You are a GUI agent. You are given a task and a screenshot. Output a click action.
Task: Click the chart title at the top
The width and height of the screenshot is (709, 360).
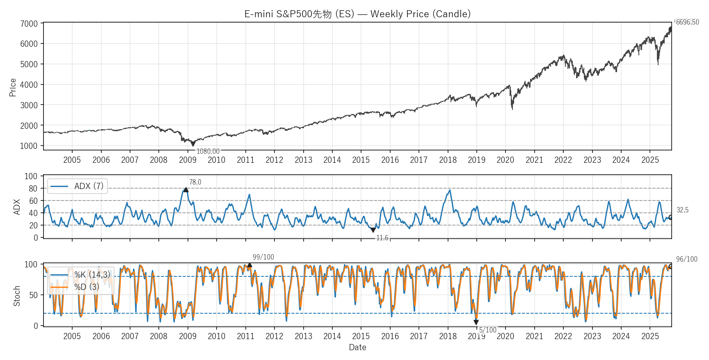tap(357, 14)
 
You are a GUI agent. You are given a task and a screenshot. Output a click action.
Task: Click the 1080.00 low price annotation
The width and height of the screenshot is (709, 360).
tap(208, 151)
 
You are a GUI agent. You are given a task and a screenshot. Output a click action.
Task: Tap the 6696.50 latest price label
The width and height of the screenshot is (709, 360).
tap(687, 22)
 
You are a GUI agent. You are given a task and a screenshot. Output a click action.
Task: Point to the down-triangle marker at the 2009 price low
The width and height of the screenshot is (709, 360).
tap(193, 144)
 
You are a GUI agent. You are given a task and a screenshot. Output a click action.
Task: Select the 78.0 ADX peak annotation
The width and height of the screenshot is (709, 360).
tap(195, 182)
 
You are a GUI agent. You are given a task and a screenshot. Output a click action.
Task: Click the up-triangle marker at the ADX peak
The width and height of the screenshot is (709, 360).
tap(186, 189)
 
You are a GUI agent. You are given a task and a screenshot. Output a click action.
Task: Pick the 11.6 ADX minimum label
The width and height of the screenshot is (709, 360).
tap(382, 238)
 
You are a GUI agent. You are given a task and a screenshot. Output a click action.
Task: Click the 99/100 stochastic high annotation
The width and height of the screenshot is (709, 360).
tap(263, 257)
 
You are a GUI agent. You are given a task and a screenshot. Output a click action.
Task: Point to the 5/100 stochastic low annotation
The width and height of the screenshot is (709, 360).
tap(488, 330)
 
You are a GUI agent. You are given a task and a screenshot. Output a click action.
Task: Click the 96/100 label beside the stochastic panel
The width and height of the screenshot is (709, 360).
tap(686, 259)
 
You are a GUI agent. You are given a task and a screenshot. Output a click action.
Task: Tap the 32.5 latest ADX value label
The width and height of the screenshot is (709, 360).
tap(682, 210)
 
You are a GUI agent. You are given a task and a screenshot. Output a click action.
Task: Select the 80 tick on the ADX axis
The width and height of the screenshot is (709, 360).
tap(33, 189)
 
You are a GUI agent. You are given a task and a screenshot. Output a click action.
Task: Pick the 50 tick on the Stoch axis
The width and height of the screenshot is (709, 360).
tap(33, 295)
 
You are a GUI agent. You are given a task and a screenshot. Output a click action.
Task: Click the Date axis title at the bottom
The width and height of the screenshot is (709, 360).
tap(357, 347)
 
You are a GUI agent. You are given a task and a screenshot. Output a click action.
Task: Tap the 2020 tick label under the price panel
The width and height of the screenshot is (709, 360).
tap(505, 160)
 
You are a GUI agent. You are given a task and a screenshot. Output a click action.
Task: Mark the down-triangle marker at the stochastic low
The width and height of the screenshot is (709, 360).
tap(476, 323)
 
